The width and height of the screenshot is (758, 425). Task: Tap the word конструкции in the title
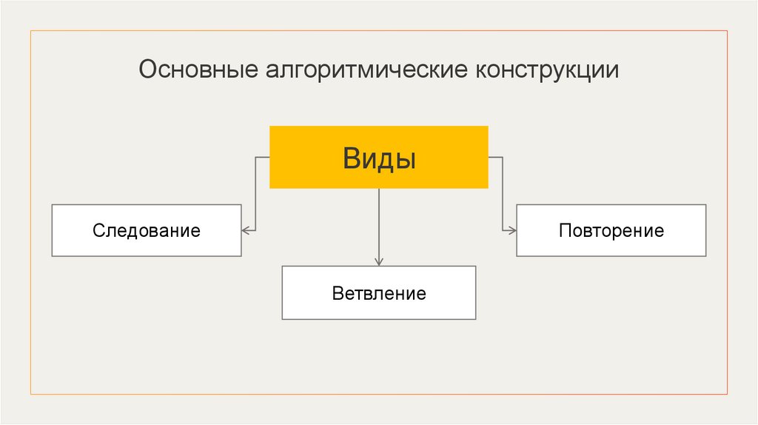pyautogui.click(x=547, y=70)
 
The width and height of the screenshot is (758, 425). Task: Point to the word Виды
pyautogui.click(x=378, y=158)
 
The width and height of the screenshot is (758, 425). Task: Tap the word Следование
pyautogui.click(x=147, y=230)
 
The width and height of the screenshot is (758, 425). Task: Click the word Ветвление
pyautogui.click(x=379, y=293)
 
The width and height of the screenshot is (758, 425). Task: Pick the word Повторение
pyautogui.click(x=611, y=230)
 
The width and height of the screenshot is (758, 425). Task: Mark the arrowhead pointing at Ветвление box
pyautogui.click(x=379, y=261)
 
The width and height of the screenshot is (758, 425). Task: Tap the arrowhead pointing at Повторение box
pyautogui.click(x=512, y=230)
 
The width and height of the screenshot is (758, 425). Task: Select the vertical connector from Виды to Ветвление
pyautogui.click(x=379, y=222)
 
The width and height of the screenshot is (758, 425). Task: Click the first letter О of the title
pyautogui.click(x=147, y=70)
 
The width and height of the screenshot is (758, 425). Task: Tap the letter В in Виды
pyautogui.click(x=351, y=158)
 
